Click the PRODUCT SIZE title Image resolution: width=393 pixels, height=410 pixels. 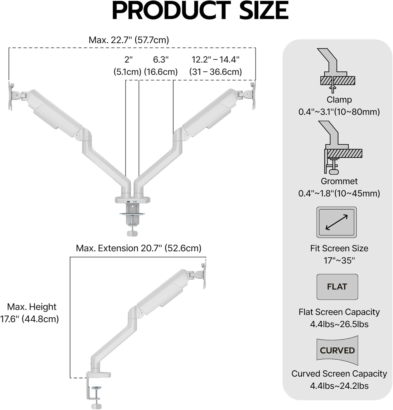point(200,10)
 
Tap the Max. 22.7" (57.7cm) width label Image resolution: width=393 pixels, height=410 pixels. point(129,40)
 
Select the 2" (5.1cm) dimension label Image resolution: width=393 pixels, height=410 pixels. point(127,66)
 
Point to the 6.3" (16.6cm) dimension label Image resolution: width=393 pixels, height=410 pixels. point(161,66)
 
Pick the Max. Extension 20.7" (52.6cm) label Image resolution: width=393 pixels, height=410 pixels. point(139,248)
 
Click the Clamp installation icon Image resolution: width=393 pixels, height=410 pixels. point(337,70)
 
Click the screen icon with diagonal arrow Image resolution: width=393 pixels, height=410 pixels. point(336,222)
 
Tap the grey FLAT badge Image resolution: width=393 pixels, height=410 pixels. point(337,287)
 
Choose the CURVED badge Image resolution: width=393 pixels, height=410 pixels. point(337,350)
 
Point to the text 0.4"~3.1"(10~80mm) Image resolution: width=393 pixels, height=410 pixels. point(339,112)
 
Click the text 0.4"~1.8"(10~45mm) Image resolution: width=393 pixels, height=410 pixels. point(339,193)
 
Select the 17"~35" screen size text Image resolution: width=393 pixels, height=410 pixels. point(339,260)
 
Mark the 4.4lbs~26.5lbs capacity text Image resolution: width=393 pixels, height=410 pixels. point(339,324)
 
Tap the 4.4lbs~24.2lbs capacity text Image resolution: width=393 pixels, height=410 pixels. point(339,386)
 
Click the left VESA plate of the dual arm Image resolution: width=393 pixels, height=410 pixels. point(11,96)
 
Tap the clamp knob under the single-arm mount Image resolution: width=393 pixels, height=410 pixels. point(96,406)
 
